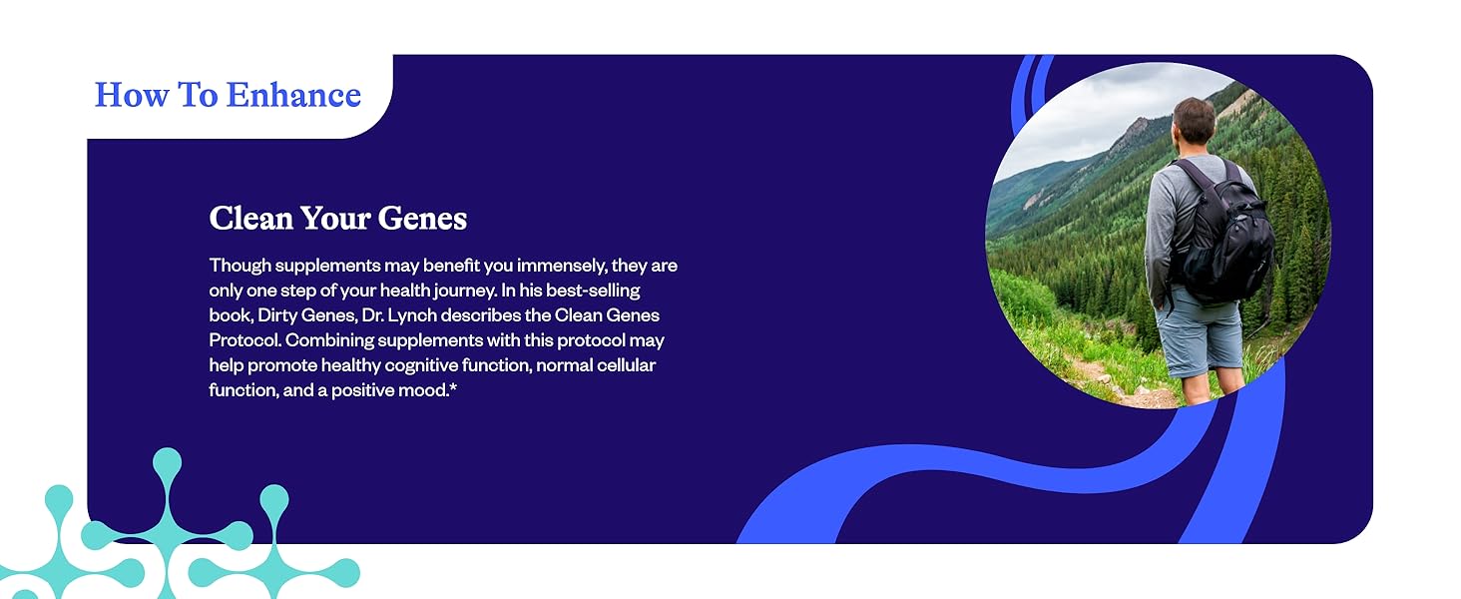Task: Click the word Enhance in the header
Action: point(293,95)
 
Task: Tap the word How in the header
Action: point(132,95)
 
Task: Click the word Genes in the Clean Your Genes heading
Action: point(422,218)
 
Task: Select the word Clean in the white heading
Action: point(250,218)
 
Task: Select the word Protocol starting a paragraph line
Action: point(244,340)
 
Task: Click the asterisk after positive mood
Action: point(453,388)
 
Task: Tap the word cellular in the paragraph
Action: point(626,364)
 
